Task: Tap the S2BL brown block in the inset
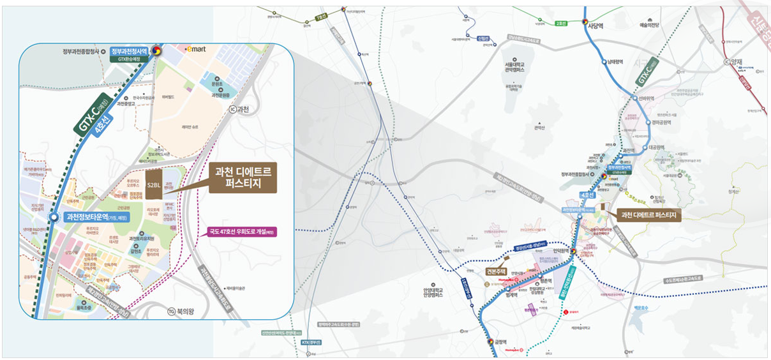[x=154, y=185]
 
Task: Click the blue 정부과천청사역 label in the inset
[x=128, y=50]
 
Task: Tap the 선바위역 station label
[x=647, y=98]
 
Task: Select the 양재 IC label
[x=735, y=62]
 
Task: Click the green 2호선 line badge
[x=561, y=24]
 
